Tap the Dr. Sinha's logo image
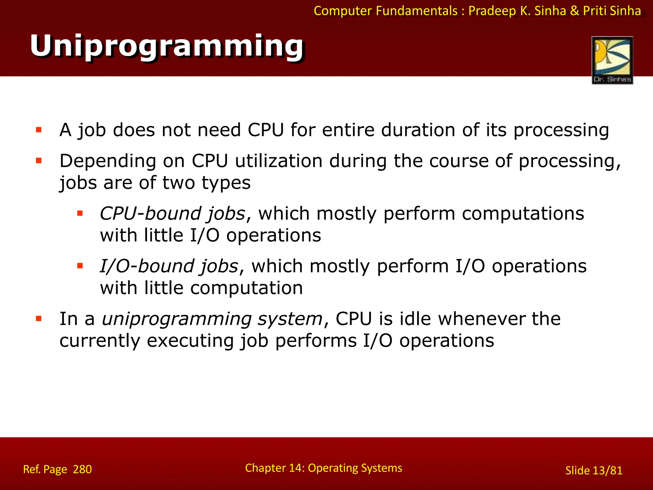612,60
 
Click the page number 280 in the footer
82,469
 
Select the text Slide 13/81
594,471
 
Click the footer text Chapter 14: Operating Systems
323,468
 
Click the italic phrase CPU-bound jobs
172,213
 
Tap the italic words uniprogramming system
212,319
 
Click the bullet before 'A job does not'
39,130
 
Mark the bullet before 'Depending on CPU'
39,160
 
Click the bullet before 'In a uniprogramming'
39,318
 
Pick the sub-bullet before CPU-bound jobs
80,213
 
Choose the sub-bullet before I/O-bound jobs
80,266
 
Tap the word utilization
278,161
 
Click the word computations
523,213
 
